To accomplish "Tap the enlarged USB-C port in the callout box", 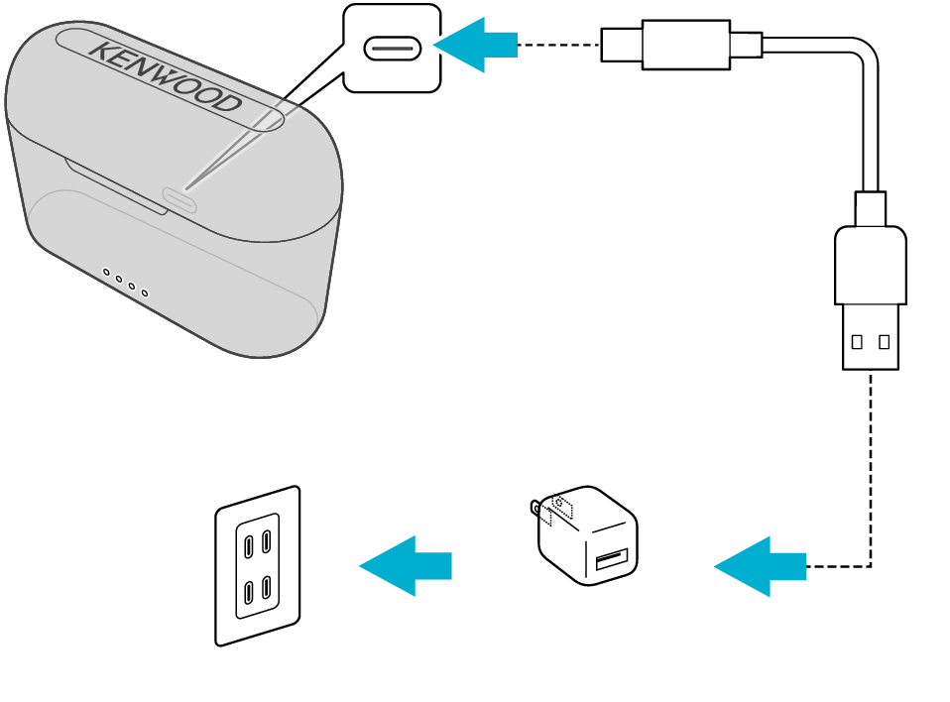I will pyautogui.click(x=393, y=48).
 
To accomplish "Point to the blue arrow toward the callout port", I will pyautogui.click(x=476, y=45).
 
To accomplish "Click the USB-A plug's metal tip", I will pyautogui.click(x=871, y=337).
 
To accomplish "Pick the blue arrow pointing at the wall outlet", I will pyautogui.click(x=406, y=565).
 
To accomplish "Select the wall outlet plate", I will pyautogui.click(x=258, y=566).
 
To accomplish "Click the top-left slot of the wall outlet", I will pyautogui.click(x=248, y=544).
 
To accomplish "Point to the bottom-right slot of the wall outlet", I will pyautogui.click(x=267, y=586).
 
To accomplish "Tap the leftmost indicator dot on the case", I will pyautogui.click(x=106, y=272).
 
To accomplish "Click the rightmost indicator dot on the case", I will pyautogui.click(x=145, y=292).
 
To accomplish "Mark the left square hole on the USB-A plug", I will pyautogui.click(x=857, y=342).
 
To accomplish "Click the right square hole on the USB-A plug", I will pyautogui.click(x=884, y=342).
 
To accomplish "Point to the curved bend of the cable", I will pyautogui.click(x=863, y=55).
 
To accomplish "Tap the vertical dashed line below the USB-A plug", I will pyautogui.click(x=871, y=466).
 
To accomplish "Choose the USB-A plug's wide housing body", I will pyautogui.click(x=871, y=266).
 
